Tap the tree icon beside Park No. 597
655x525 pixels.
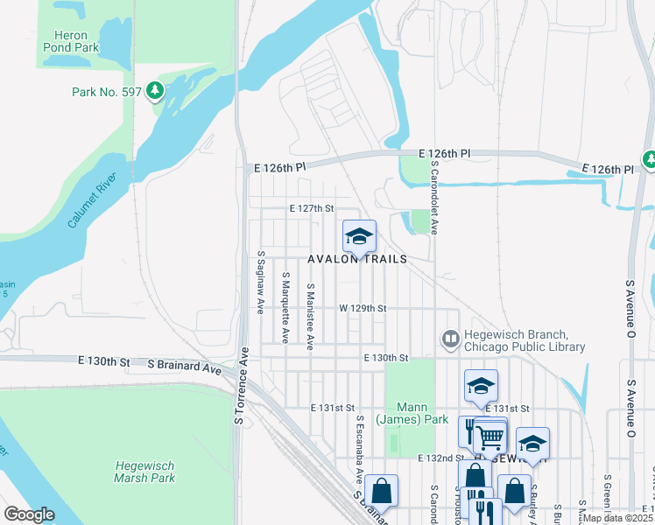(x=155, y=90)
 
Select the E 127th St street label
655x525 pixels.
(x=313, y=208)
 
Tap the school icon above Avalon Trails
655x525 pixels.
(x=358, y=237)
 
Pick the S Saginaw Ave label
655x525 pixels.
(x=261, y=283)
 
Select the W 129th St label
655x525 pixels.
(x=363, y=309)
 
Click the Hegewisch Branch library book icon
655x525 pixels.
(x=451, y=338)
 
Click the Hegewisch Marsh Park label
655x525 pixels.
(x=144, y=472)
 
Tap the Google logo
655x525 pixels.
(x=30, y=514)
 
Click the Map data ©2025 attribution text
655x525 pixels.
(x=617, y=518)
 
